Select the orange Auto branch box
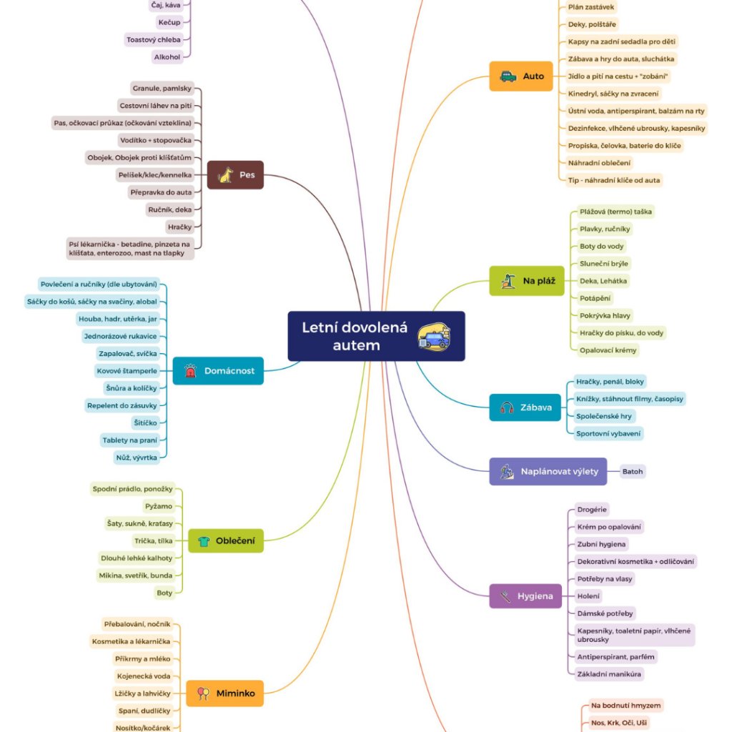tap(521, 76)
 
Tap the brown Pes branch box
tap(235, 174)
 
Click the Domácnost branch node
tap(218, 371)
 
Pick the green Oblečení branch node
tap(225, 541)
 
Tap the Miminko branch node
tap(225, 693)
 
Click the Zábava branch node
tap(525, 407)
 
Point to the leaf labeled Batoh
tap(633, 472)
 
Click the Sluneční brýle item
tap(604, 264)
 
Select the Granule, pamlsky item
tap(162, 89)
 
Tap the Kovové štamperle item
tap(127, 371)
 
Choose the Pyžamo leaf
tap(158, 506)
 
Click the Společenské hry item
tap(604, 416)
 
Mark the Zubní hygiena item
tap(603, 545)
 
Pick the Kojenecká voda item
tap(144, 676)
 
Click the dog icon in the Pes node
tap(226, 174)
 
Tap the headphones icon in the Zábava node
tap(508, 407)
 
